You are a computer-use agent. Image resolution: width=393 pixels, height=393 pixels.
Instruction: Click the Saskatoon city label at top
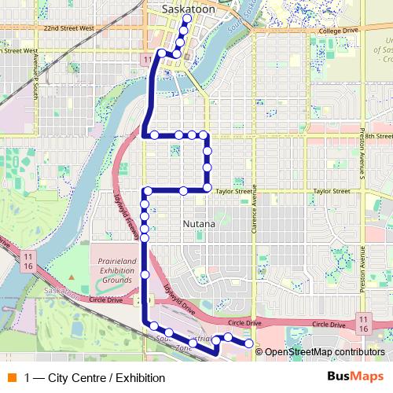[x=187, y=8]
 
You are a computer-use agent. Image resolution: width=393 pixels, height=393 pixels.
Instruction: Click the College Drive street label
[x=340, y=30]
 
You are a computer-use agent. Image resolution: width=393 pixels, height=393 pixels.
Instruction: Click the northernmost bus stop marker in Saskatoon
[x=187, y=19]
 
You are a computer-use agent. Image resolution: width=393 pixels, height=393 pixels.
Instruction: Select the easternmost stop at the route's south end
[x=249, y=343]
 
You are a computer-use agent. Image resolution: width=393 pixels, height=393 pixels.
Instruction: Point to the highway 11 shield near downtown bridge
[x=147, y=60]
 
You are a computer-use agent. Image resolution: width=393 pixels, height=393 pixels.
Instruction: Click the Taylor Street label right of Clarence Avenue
[x=331, y=191]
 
